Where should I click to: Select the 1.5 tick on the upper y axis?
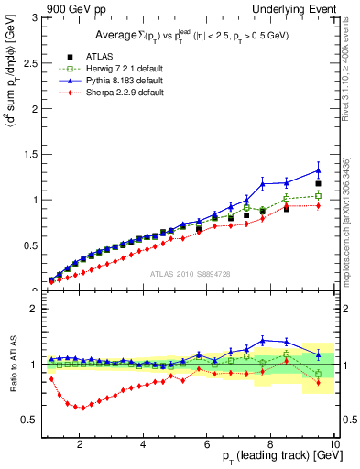32,154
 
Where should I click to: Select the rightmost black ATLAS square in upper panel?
318,183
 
